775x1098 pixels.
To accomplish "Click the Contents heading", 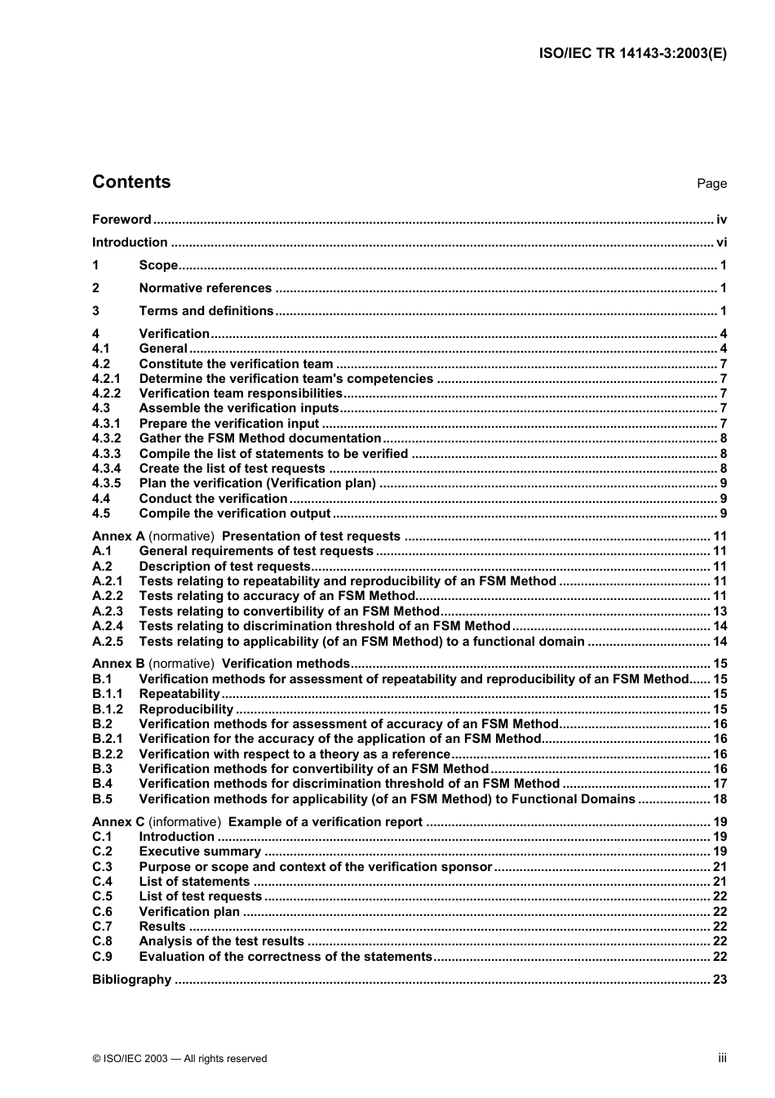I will click(131, 182).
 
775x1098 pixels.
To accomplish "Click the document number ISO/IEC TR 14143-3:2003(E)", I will click(633, 53).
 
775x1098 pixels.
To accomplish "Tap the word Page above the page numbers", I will click(711, 184).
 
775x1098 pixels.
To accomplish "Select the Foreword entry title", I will click(122, 220).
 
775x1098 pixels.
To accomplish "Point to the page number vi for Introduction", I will click(721, 242).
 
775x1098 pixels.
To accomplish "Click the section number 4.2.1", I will click(106, 379).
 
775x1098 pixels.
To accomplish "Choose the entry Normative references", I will click(206, 288).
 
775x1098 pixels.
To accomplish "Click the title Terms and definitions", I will click(206, 311).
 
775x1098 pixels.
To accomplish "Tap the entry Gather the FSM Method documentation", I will click(260, 438).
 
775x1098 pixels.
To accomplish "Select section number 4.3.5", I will click(106, 483).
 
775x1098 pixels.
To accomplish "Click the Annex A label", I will click(118, 536).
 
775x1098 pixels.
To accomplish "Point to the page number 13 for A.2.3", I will click(720, 611).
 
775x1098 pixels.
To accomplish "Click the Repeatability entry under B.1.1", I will click(179, 694).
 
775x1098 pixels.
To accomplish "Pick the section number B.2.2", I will click(107, 754).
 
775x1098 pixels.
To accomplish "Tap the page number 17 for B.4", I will click(720, 784).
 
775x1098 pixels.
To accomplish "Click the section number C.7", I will click(102, 927).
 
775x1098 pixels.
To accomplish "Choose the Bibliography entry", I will click(131, 980).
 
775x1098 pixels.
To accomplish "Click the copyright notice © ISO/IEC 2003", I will click(179, 1059).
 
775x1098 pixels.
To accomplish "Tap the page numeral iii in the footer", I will click(722, 1058).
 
